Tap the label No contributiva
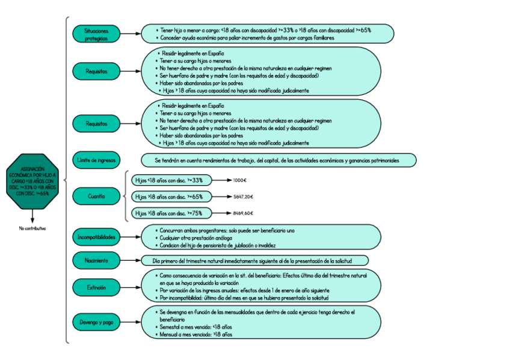pyautogui.click(x=32, y=228)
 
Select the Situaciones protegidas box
pyautogui.click(x=96, y=34)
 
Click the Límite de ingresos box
pyautogui.click(x=96, y=160)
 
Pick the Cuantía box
pyautogui.click(x=96, y=197)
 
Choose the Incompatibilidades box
pyautogui.click(x=96, y=237)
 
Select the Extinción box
pyautogui.click(x=96, y=288)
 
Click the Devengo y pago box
pyautogui.click(x=96, y=322)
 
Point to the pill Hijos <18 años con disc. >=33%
pyautogui.click(x=170, y=180)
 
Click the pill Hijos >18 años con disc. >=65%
pyautogui.click(x=170, y=197)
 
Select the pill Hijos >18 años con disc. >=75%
pyautogui.click(x=170, y=213)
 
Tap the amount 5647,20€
pyautogui.click(x=243, y=197)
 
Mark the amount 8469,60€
pyautogui.click(x=243, y=213)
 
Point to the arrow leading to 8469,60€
pyautogui.click(x=221, y=213)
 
